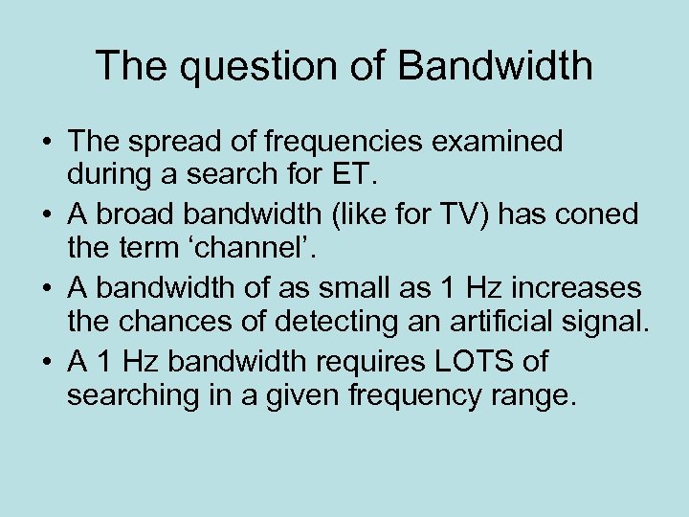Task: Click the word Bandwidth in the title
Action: click(x=495, y=67)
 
